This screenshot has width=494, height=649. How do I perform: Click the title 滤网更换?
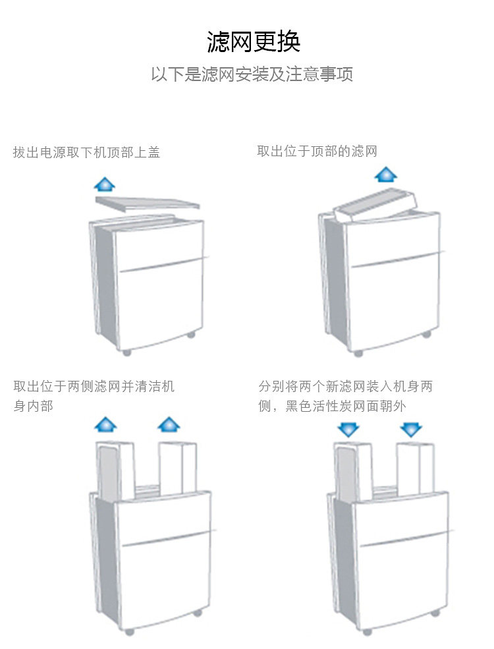coord(254,42)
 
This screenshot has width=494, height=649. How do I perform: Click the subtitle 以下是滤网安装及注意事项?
coord(252,74)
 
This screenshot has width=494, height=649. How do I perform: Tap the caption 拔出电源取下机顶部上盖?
coord(86,152)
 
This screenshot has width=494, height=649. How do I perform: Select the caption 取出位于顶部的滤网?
coord(317,152)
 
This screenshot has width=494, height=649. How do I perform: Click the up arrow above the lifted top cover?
coord(104,184)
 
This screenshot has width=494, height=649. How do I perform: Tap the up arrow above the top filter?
coord(386,175)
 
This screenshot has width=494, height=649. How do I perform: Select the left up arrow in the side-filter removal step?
coord(105,424)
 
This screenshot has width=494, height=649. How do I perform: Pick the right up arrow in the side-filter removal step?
coord(169,424)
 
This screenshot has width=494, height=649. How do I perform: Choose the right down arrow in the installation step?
coord(411,430)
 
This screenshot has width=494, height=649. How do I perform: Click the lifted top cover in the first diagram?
coord(148,203)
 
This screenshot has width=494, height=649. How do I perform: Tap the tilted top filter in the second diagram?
coord(375,204)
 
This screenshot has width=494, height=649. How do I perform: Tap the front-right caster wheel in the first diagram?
coord(191,335)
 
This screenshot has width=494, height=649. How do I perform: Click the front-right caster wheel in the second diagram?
coord(426,335)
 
